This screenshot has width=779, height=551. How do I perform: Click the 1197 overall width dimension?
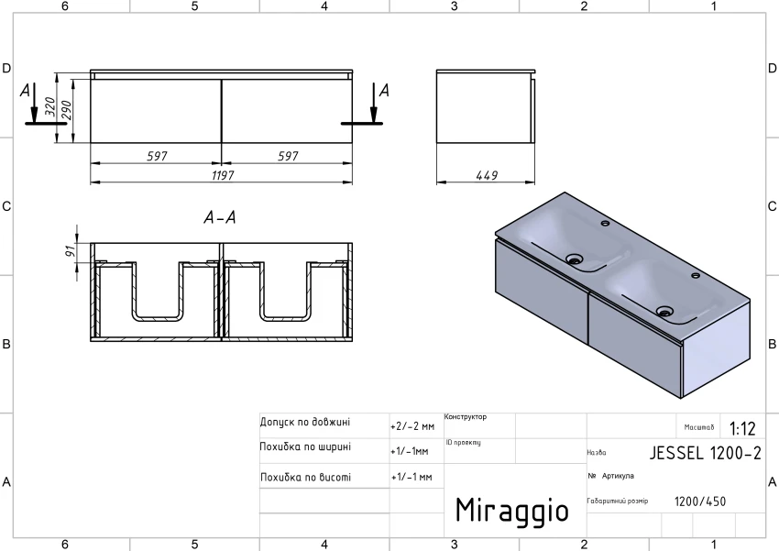click(222, 175)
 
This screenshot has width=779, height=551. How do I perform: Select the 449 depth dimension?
click(487, 175)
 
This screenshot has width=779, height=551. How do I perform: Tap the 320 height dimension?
click(49, 107)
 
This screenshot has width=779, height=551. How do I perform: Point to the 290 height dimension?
click(66, 110)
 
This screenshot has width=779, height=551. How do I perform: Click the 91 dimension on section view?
click(71, 251)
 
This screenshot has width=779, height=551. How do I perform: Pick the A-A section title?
click(220, 217)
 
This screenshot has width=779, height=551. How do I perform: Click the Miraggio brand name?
click(511, 511)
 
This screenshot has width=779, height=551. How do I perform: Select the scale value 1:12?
click(742, 428)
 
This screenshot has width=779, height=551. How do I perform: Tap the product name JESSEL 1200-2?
click(705, 453)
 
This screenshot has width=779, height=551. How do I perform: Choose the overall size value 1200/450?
click(700, 501)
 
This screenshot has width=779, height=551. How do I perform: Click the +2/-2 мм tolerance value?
click(412, 426)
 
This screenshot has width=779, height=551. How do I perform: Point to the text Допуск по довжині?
click(305, 423)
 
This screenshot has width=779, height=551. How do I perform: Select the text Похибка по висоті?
click(305, 478)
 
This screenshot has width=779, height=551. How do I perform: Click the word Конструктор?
click(466, 417)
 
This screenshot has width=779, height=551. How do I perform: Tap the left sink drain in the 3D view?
click(575, 259)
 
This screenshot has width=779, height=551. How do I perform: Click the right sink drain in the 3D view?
click(664, 312)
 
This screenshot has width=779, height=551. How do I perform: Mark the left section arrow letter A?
click(26, 91)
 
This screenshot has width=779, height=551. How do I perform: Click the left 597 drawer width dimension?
click(157, 156)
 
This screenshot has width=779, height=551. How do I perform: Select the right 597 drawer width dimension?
click(288, 156)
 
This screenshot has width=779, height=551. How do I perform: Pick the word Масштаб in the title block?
click(699, 427)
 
